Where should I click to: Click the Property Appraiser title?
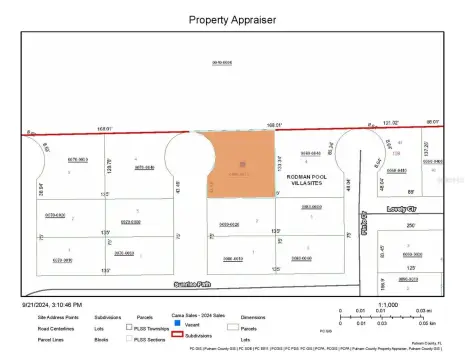pos(232,19)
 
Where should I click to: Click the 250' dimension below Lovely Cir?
pos(410,225)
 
